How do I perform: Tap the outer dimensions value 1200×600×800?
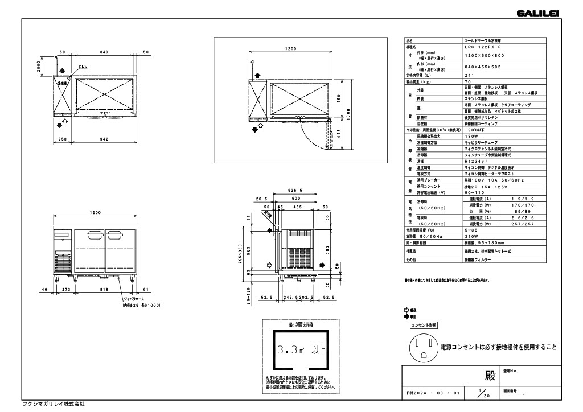click(484, 56)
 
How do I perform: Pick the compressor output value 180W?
click(471, 136)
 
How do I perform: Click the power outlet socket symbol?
click(422, 347)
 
